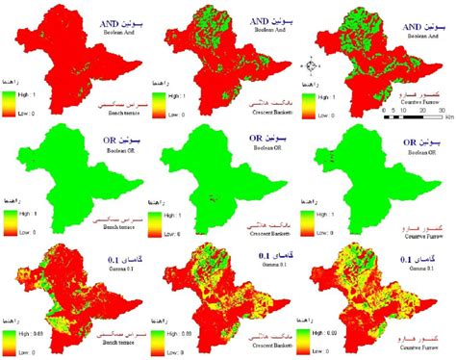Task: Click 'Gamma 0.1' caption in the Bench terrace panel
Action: [108, 269]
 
